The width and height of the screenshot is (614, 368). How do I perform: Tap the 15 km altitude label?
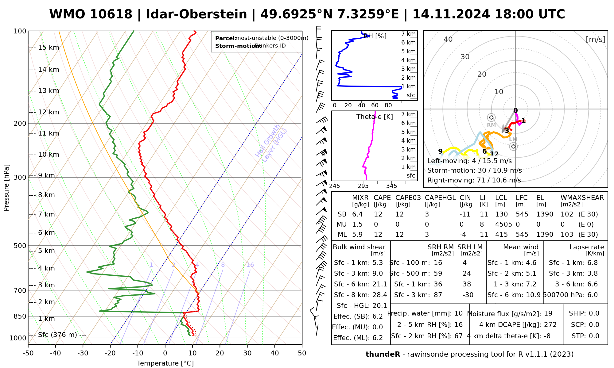[x=49, y=48]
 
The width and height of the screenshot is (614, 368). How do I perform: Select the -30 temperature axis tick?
[x=83, y=353]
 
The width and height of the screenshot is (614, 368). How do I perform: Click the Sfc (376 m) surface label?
[x=57, y=335]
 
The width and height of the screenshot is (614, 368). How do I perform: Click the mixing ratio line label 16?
[x=250, y=265]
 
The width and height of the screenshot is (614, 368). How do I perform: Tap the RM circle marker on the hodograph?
[x=492, y=117]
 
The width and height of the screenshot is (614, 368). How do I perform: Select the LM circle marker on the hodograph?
[x=513, y=146]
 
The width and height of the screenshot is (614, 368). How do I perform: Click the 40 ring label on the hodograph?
[x=448, y=39]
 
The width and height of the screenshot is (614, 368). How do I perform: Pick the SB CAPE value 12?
[x=378, y=214]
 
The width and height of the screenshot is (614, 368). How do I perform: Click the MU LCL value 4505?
[x=503, y=224]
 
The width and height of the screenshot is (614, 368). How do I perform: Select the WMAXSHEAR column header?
[x=582, y=198]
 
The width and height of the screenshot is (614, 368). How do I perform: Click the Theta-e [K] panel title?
[x=375, y=117]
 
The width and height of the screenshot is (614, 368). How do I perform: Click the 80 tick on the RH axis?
[x=388, y=105]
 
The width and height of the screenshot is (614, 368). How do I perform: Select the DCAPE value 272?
[x=550, y=325]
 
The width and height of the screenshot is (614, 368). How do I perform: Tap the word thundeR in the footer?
[x=383, y=354]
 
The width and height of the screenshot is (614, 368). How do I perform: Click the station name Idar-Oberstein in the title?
[x=196, y=14]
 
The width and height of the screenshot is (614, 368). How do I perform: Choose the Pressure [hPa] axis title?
[x=6, y=188]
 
